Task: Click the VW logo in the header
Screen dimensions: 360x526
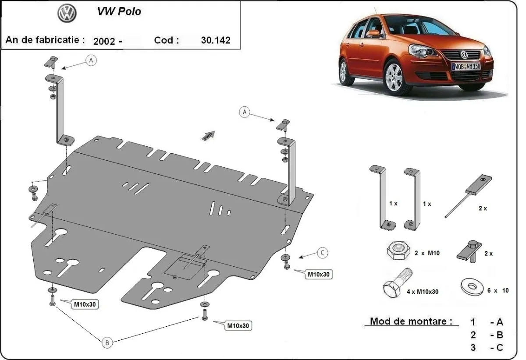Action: pyautogui.click(x=67, y=14)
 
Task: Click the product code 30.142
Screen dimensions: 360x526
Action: pyautogui.click(x=215, y=40)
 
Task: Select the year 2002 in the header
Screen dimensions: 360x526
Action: pyautogui.click(x=104, y=41)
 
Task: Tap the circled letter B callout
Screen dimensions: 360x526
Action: pyautogui.click(x=107, y=343)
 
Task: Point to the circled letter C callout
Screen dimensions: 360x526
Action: pyautogui.click(x=322, y=253)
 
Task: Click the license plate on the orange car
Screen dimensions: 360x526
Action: pyautogui.click(x=466, y=66)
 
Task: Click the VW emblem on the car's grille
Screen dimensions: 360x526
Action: pyautogui.click(x=464, y=55)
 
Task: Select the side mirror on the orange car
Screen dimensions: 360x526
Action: pyautogui.click(x=372, y=33)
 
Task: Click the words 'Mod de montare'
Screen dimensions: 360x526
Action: pyautogui.click(x=411, y=321)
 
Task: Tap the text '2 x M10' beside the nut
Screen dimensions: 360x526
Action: pyautogui.click(x=426, y=253)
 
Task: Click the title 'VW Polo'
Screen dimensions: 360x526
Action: pyautogui.click(x=119, y=12)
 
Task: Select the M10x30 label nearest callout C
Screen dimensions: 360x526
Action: pyautogui.click(x=318, y=275)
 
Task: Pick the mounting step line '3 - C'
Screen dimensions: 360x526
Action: pyautogui.click(x=487, y=348)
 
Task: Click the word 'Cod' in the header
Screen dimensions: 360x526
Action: pyautogui.click(x=166, y=40)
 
